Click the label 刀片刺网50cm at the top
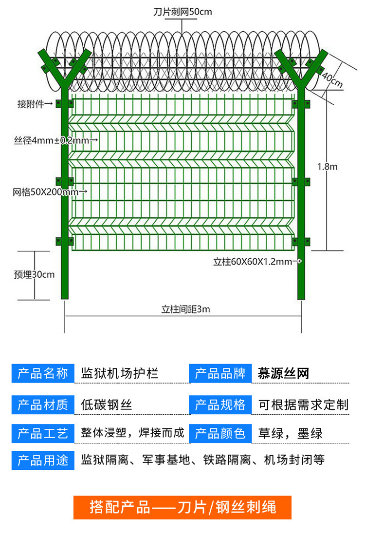point(182,12)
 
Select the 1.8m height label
point(327,167)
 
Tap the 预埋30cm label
point(34,275)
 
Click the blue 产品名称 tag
point(43,374)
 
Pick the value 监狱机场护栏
point(120,374)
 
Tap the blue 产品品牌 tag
point(220,374)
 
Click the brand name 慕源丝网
point(284,374)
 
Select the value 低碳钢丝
point(107,404)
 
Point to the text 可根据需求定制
point(303,404)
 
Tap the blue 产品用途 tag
point(43,460)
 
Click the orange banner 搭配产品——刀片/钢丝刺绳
point(182,507)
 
